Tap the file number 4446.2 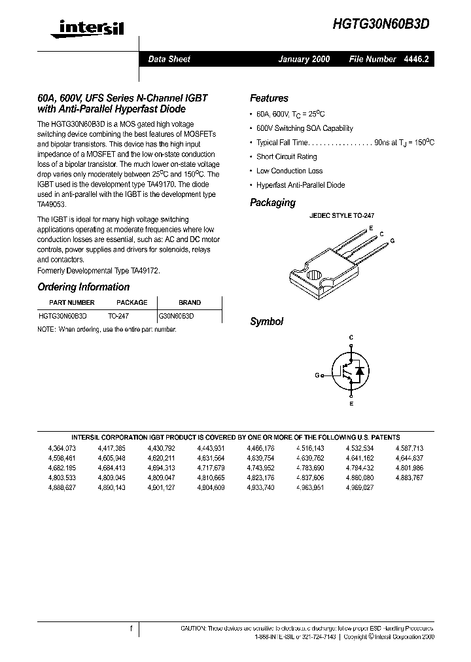416,59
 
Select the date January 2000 304,59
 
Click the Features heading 269,98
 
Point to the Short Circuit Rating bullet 287,156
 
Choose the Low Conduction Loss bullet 289,171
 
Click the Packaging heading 272,203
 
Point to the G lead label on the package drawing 392,241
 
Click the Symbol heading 266,321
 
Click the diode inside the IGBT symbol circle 358,372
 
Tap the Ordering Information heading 83,287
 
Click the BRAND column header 190,303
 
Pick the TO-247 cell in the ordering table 118,315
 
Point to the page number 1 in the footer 131,629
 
